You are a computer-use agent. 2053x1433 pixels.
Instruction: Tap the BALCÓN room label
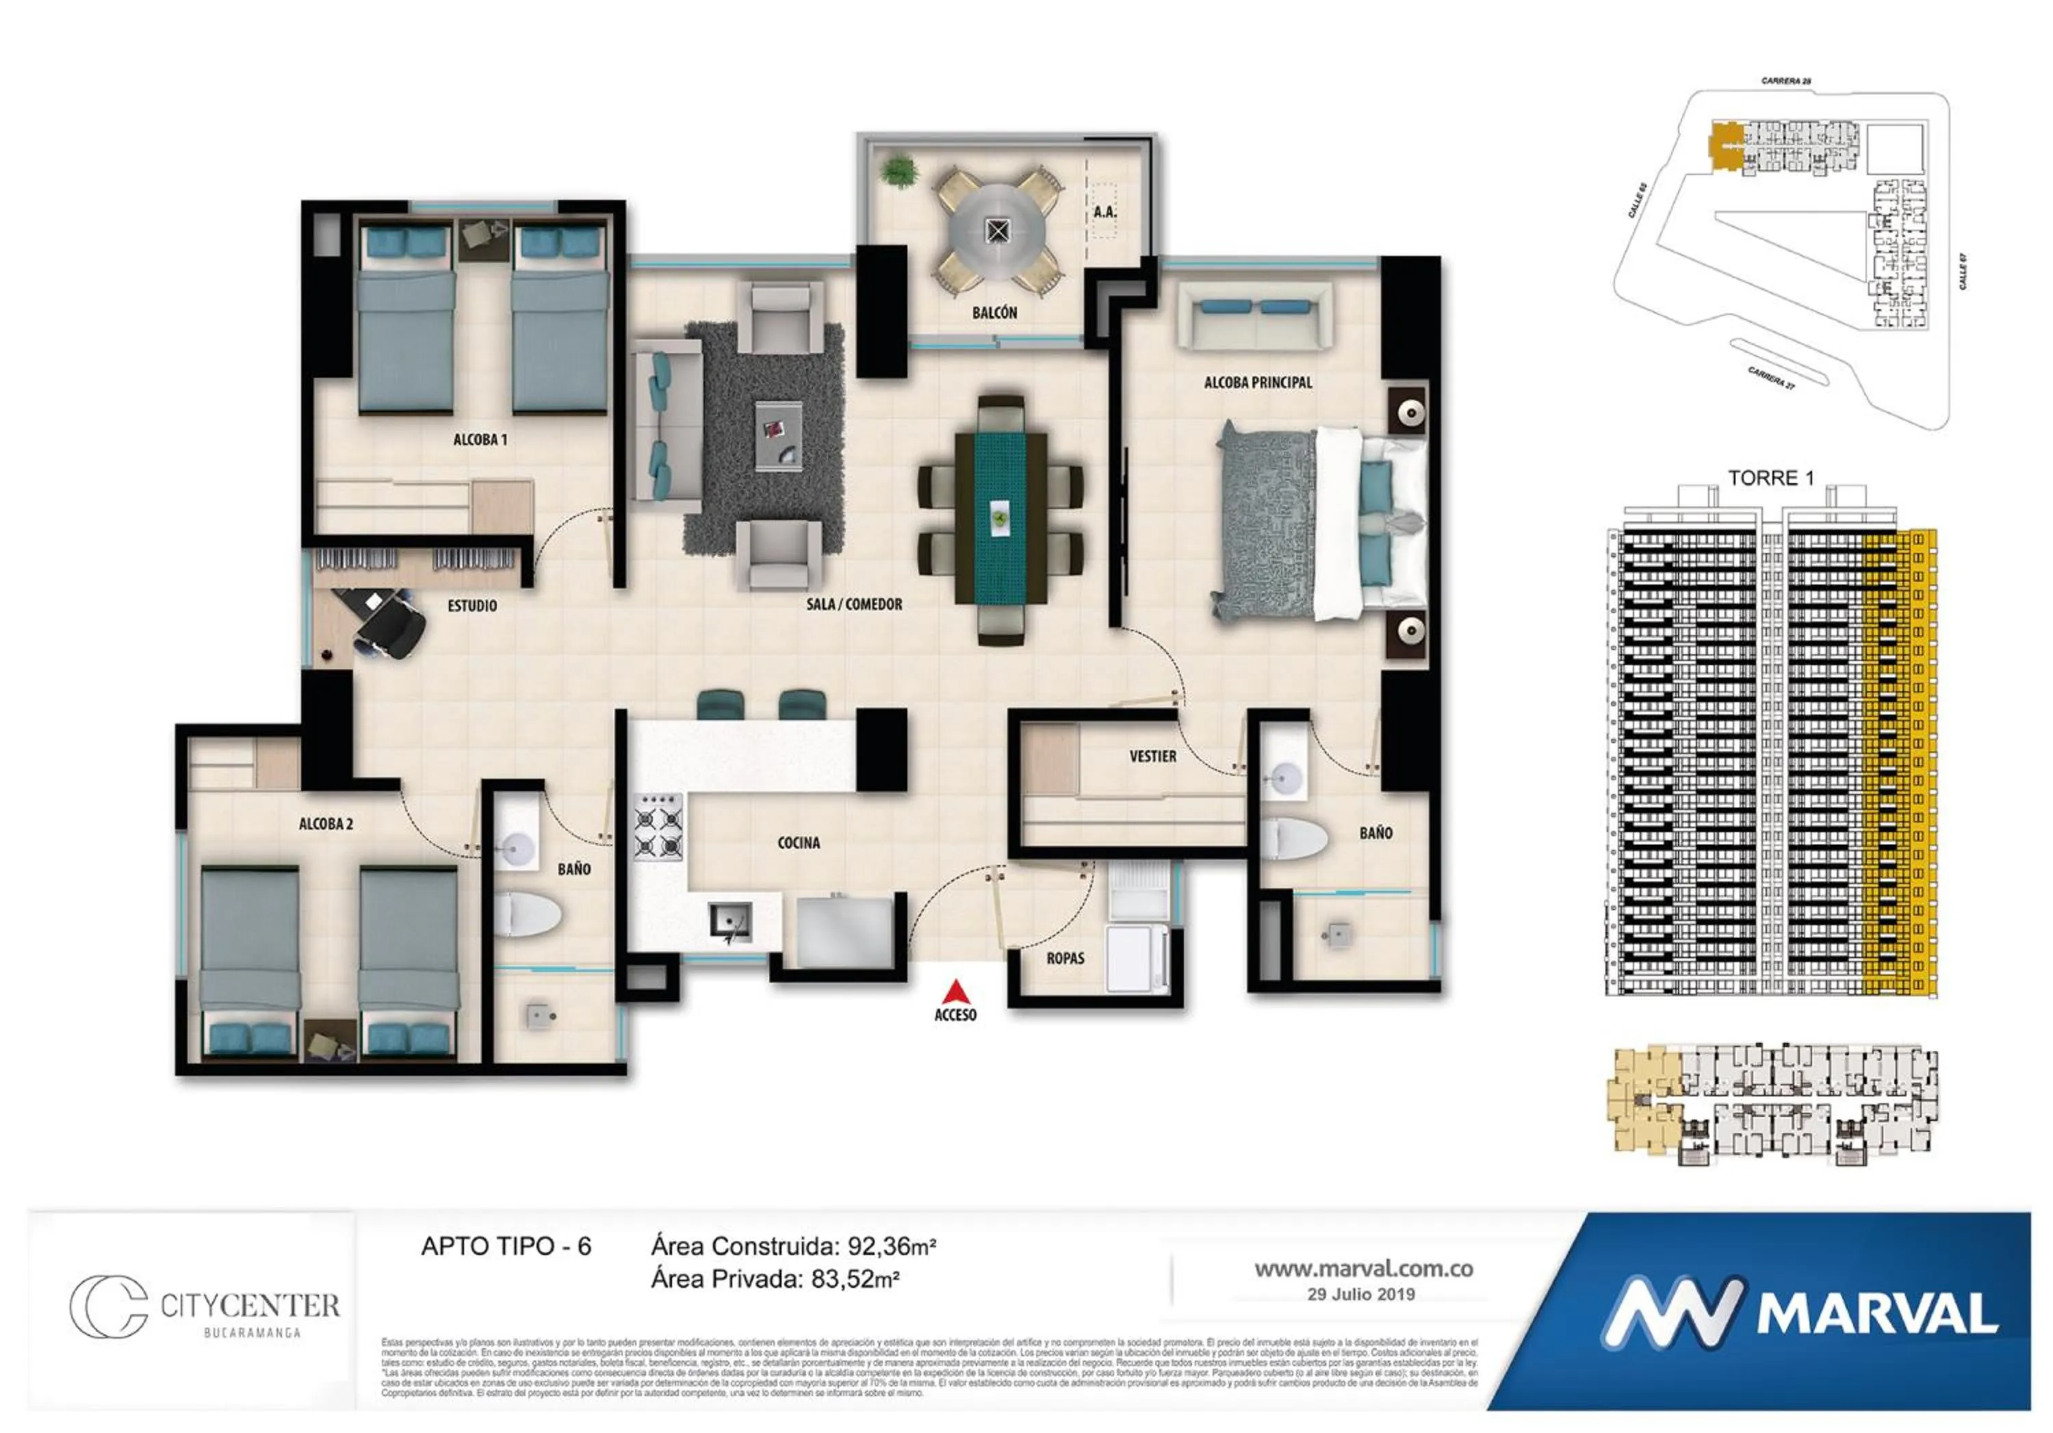(x=994, y=313)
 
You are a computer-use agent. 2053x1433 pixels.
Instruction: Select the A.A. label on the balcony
(x=1105, y=212)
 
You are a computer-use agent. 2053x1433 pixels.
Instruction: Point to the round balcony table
(x=997, y=231)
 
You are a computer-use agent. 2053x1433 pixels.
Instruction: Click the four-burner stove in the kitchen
(x=658, y=827)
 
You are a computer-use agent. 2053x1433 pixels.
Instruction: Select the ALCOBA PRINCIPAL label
(x=1257, y=383)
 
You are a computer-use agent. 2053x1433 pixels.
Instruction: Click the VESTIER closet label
(x=1152, y=756)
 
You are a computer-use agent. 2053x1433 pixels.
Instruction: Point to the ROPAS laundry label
(x=1065, y=958)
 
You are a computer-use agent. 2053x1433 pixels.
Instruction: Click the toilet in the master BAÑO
(x=1294, y=838)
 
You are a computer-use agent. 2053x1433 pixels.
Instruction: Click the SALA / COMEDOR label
(x=854, y=604)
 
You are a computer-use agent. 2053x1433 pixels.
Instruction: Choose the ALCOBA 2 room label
(x=326, y=823)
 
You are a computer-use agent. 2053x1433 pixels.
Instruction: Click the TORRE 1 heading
(x=1770, y=478)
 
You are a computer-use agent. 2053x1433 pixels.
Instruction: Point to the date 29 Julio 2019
(x=1361, y=1295)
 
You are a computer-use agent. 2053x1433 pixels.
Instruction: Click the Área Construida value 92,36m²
(x=890, y=1246)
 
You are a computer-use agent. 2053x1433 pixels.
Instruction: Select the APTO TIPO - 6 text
(x=506, y=1246)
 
